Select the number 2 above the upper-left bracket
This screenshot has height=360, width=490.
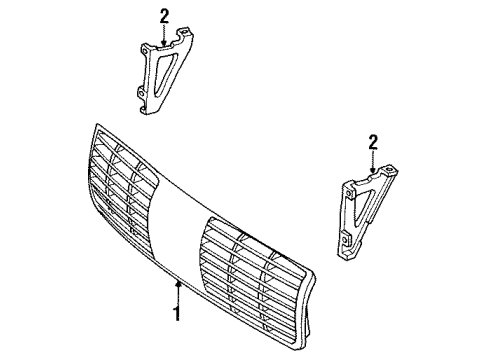coord(162,15)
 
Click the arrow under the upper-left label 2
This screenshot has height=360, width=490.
coord(162,36)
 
